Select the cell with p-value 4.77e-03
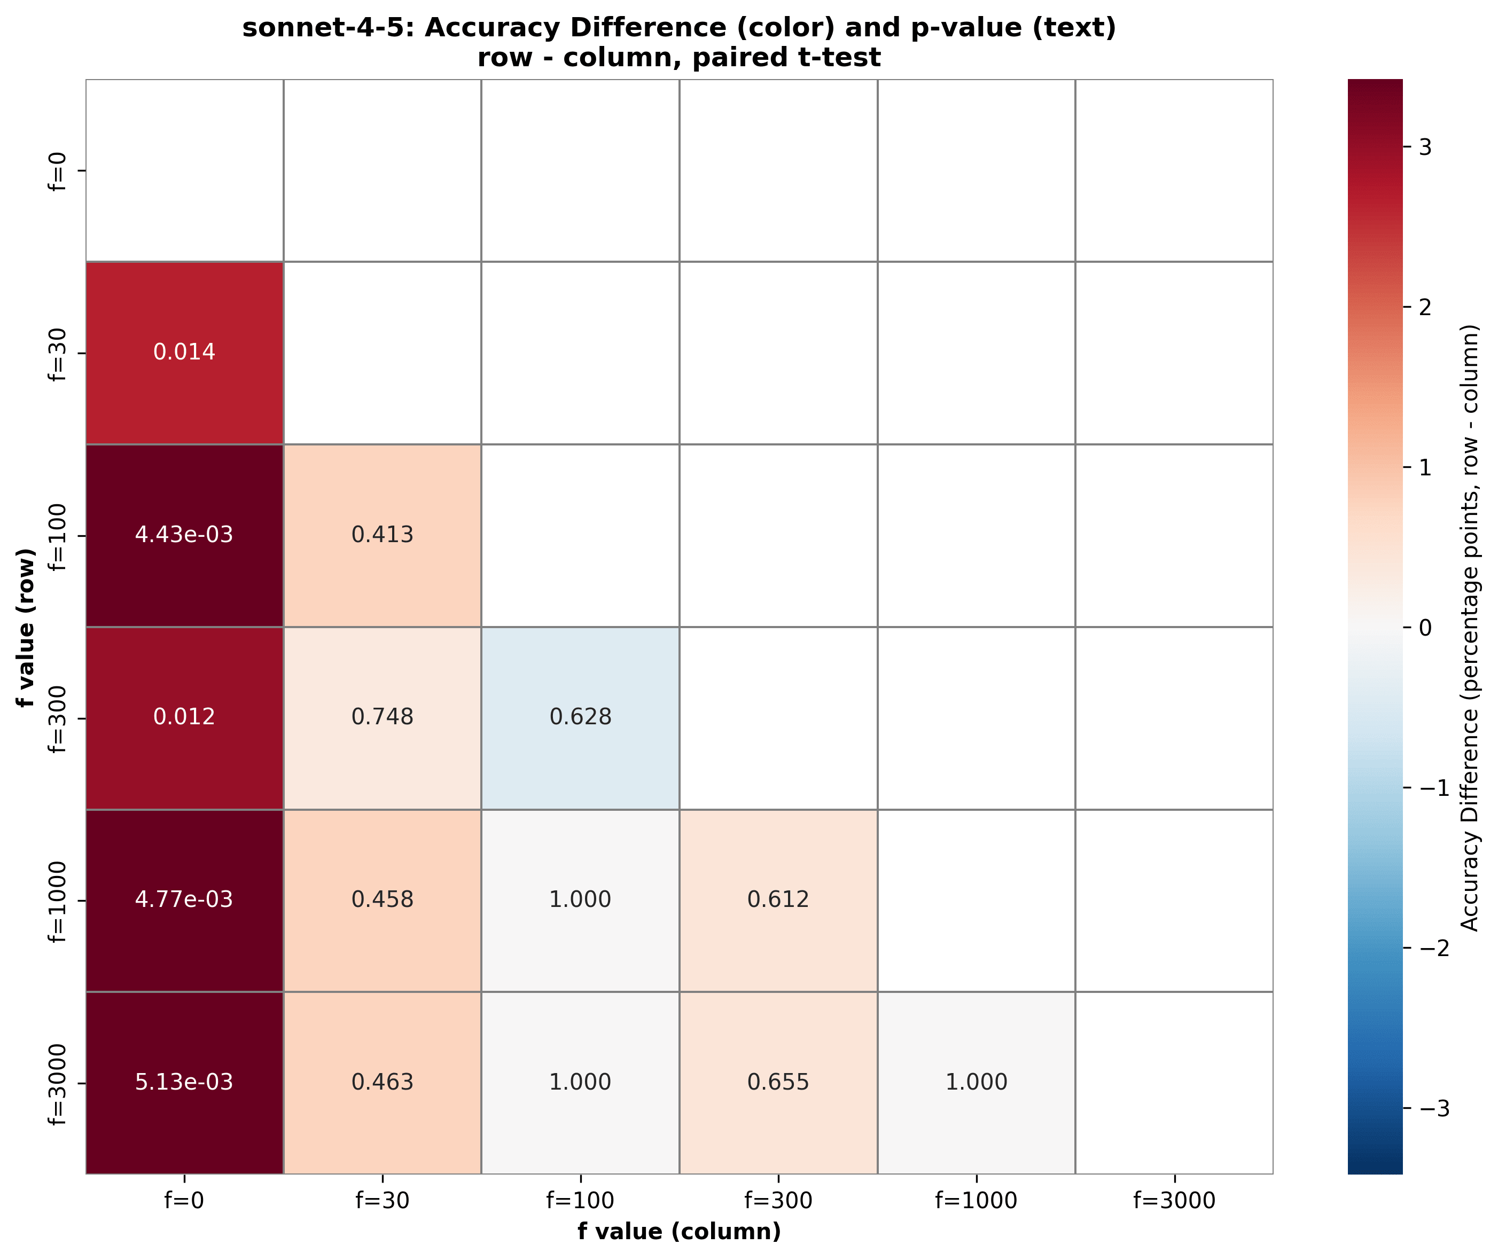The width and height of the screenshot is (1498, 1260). point(184,900)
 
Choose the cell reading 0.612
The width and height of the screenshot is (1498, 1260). point(778,900)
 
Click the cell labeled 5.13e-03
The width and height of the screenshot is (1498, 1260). point(184,1082)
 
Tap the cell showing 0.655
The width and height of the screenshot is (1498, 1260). point(778,1082)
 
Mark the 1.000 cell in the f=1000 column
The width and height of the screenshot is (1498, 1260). point(976,1082)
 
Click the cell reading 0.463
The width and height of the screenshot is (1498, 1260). point(382,1082)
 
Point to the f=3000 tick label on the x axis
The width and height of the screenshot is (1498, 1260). point(1174,1201)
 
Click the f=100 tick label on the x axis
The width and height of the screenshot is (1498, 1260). point(580,1201)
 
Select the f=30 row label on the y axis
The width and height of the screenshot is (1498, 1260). point(58,354)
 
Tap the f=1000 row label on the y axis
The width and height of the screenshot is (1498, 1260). point(58,902)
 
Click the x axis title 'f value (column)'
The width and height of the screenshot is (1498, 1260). point(680,1232)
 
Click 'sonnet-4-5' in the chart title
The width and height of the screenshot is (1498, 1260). point(331,28)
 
